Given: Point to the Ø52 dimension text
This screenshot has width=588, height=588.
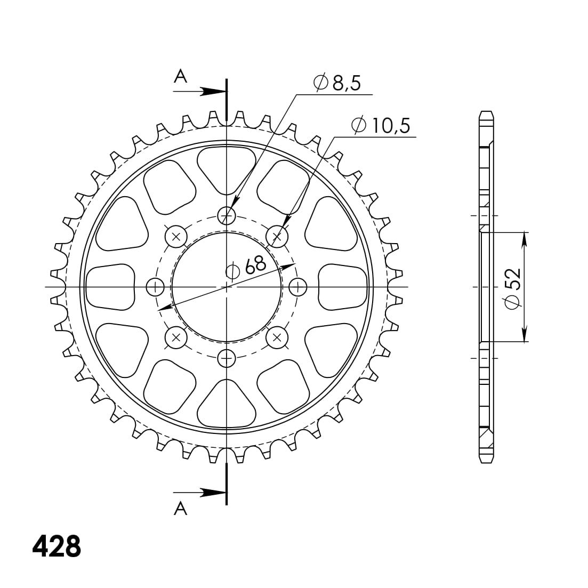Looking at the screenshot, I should pos(512,288).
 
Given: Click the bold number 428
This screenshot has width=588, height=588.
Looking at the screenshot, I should pos(57,546).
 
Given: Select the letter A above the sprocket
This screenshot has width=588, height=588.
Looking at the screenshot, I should pos(181,77).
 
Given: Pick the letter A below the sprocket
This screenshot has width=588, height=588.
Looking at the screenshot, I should pos(181,509).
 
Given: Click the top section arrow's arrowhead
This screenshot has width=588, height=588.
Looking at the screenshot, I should pos(214,91).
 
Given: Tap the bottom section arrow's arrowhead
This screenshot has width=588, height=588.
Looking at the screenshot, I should pos(214,492).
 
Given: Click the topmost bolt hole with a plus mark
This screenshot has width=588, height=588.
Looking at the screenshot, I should pos(227,215).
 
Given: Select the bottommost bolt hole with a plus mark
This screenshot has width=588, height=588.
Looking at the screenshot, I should pos(227,359).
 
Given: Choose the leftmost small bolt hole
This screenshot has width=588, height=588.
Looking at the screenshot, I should pos(155,287).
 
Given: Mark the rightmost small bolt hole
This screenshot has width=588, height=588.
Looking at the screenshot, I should pos(297,287).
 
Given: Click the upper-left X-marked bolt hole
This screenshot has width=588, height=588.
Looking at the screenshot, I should pos(176,236).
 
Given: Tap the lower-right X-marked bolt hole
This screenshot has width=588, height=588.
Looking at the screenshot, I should pos(277,337).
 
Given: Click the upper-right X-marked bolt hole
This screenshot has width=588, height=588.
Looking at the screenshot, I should pos(277,236).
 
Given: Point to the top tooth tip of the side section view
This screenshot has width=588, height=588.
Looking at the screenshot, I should pos(486,114).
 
